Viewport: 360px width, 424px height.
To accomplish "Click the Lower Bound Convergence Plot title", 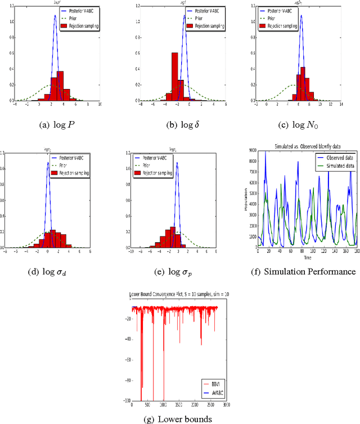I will pos(178,294).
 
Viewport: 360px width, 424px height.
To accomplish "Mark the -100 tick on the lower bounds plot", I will pos(126,400).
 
